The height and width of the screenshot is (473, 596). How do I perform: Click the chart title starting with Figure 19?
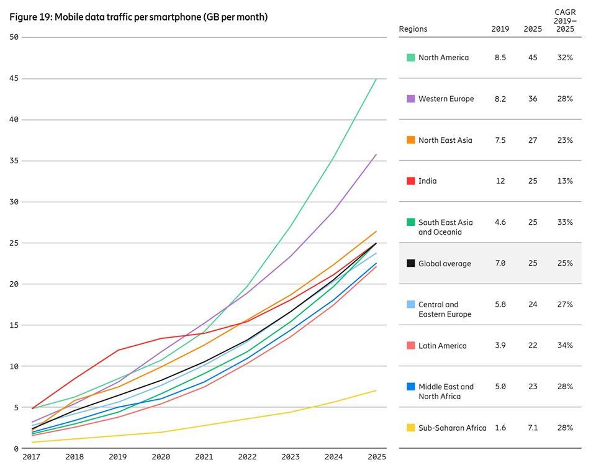(x=138, y=17)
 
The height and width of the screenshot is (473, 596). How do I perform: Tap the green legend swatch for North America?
(x=410, y=58)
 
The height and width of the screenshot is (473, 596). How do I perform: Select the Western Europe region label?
(x=446, y=99)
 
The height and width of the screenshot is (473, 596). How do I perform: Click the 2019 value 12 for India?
(x=500, y=181)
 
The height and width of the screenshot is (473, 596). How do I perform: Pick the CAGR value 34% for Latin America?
(x=564, y=346)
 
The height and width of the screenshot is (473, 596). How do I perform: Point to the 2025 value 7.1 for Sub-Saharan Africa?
(x=532, y=428)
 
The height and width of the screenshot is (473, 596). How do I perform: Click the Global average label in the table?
(x=445, y=264)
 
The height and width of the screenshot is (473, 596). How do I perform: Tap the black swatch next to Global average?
(x=410, y=264)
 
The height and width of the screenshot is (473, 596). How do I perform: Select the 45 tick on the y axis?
(x=14, y=78)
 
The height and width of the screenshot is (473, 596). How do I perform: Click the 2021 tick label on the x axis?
(x=204, y=457)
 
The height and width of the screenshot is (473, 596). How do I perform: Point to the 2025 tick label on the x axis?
(x=376, y=457)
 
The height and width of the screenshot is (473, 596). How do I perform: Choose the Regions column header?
(x=413, y=29)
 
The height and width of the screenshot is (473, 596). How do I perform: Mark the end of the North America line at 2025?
(x=376, y=79)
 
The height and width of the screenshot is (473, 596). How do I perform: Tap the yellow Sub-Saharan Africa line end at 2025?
(x=376, y=390)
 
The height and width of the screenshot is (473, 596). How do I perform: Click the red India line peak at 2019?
(x=117, y=350)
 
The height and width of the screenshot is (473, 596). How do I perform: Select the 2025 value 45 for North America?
(x=532, y=58)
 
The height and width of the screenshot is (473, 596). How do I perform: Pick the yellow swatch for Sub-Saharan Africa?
(x=410, y=428)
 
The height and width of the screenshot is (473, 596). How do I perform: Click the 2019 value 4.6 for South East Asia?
(x=500, y=222)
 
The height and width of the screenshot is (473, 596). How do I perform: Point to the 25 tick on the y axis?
(x=14, y=243)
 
